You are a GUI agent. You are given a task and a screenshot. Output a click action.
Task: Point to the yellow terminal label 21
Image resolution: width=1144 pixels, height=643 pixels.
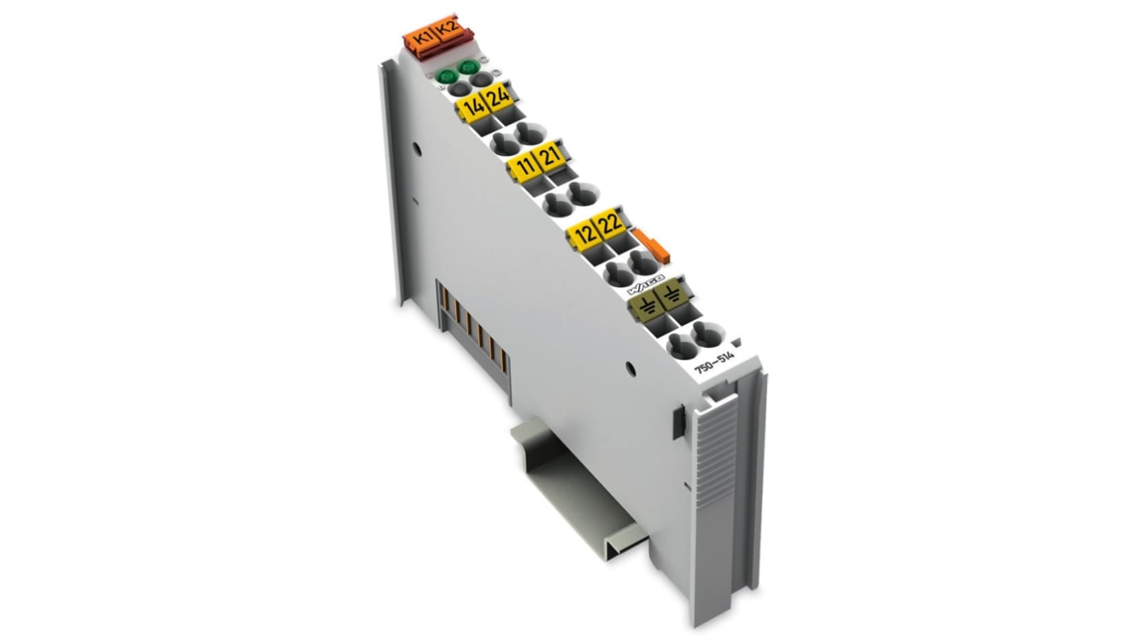(x=549, y=156)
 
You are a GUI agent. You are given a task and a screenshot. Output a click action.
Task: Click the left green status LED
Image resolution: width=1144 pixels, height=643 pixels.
(x=446, y=77)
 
